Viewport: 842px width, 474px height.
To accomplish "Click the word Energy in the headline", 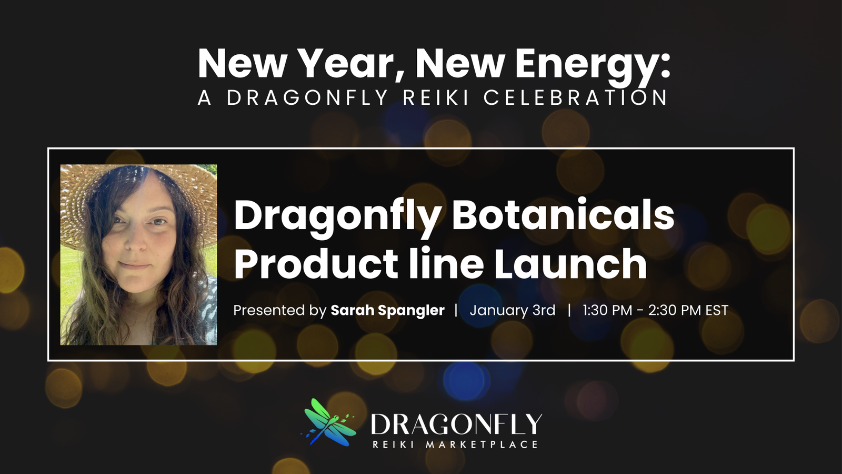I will coord(592,64).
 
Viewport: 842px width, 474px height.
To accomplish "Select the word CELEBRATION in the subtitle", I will coord(575,98).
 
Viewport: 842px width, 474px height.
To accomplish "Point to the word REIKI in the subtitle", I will coord(436,98).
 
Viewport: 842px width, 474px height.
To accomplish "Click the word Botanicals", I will coord(563,215).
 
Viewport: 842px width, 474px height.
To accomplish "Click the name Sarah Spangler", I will coord(387,310).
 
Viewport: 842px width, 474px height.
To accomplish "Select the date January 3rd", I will coord(512,310).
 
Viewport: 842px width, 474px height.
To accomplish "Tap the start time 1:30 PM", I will coord(607,310).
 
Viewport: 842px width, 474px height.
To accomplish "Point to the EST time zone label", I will coord(717,310).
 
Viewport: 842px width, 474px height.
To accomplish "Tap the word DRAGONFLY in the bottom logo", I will coord(456,424).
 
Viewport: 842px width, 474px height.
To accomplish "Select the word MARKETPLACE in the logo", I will coord(482,445).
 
